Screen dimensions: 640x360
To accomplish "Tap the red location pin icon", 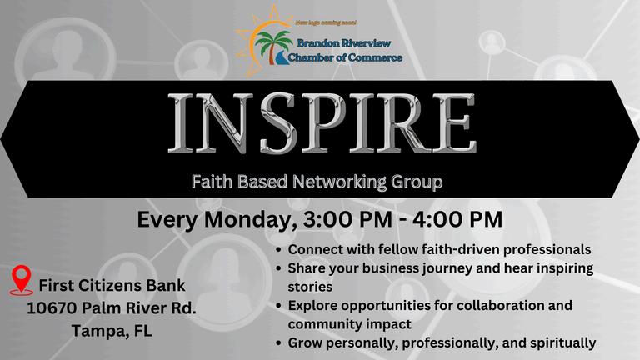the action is click(21, 280).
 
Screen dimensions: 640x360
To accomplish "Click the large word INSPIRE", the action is click(322, 122).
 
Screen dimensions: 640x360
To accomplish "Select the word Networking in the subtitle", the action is click(340, 182).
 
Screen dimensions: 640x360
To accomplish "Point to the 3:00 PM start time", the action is click(347, 219).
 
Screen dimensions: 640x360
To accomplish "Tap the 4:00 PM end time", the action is click(457, 219).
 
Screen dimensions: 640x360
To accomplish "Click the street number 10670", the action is click(52, 307).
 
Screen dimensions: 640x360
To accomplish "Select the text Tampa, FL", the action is click(112, 330).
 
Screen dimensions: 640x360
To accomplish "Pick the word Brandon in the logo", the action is click(317, 42).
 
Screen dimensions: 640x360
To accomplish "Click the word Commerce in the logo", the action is click(375, 57).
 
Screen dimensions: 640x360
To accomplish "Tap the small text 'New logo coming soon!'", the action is click(326, 22).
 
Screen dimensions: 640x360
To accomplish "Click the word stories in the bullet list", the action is click(310, 287).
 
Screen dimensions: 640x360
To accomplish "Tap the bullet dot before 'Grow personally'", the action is click(279, 343).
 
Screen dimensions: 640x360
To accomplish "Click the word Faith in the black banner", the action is click(212, 182).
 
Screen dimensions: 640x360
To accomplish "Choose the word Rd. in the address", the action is click(182, 307).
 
